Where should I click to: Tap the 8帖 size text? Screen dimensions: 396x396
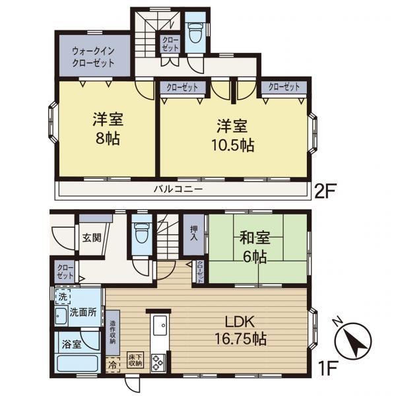click(108, 138)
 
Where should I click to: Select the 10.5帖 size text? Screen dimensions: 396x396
click(232, 145)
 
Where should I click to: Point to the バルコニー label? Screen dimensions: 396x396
click(178, 189)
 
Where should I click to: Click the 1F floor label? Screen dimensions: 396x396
click(327, 368)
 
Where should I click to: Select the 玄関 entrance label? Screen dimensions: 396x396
click(92, 238)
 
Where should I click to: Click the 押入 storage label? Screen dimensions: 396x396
click(194, 232)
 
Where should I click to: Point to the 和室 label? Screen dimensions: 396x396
click(255, 238)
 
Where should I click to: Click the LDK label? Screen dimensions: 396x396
click(240, 321)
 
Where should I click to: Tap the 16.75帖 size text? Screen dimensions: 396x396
click(240, 339)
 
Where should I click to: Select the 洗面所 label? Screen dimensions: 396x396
click(83, 312)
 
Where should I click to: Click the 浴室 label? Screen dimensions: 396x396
click(71, 345)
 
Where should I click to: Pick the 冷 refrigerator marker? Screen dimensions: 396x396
click(113, 365)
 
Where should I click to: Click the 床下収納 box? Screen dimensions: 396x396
click(135, 360)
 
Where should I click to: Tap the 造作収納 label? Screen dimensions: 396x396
click(113, 332)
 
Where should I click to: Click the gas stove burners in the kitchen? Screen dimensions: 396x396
click(158, 362)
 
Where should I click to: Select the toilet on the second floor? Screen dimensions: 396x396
click(196, 33)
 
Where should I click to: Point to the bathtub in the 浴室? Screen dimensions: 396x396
click(77, 364)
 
